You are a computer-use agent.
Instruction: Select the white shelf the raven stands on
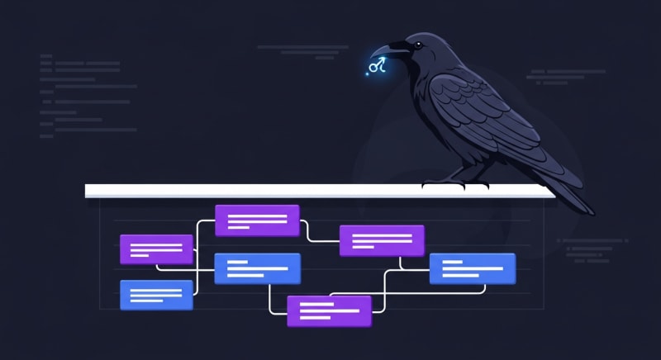click(x=248, y=191)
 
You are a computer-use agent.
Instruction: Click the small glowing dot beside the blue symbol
click(x=368, y=73)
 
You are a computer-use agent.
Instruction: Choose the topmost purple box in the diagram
click(x=257, y=220)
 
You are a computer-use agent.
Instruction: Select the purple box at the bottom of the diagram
click(x=328, y=310)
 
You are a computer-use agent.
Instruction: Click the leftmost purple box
click(x=156, y=249)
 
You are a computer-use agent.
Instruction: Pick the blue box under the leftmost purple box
click(x=156, y=295)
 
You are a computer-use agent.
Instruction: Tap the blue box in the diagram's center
click(x=257, y=268)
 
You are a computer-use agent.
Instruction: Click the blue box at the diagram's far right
click(x=473, y=268)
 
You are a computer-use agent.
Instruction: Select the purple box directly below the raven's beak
click(x=382, y=240)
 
